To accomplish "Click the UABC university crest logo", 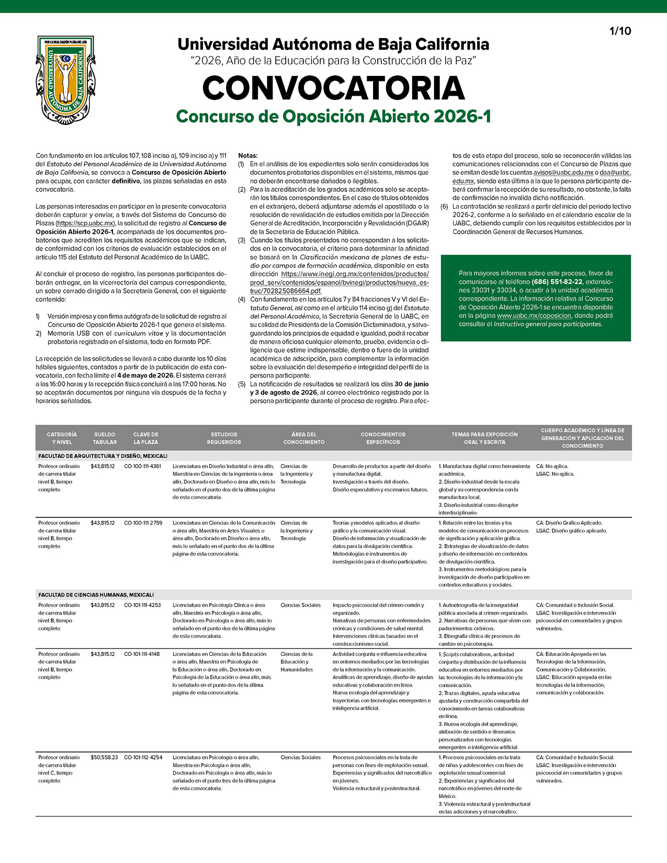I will tap(65, 80).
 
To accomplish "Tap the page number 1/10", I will tap(620, 31).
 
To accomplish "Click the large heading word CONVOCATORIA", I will tap(333, 88).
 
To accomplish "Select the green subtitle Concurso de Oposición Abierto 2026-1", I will tap(333, 116).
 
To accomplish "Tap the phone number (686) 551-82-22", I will tap(557, 281).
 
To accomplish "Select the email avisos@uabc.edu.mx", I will tap(563, 173).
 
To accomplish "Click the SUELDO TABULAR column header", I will tap(105, 438).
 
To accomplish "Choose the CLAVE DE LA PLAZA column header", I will tap(145, 438).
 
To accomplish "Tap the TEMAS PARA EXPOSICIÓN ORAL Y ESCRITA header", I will tap(484, 438).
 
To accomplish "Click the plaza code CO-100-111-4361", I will tap(143, 466).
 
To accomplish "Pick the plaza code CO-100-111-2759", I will tap(143, 523).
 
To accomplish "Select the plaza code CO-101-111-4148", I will tap(143, 654).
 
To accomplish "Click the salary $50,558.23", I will tap(104, 757).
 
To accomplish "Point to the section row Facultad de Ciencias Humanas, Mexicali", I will tap(96, 595).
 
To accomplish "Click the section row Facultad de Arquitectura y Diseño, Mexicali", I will tap(103, 456).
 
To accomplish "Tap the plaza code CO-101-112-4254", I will tap(143, 757).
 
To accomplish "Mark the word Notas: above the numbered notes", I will tap(248, 155).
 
